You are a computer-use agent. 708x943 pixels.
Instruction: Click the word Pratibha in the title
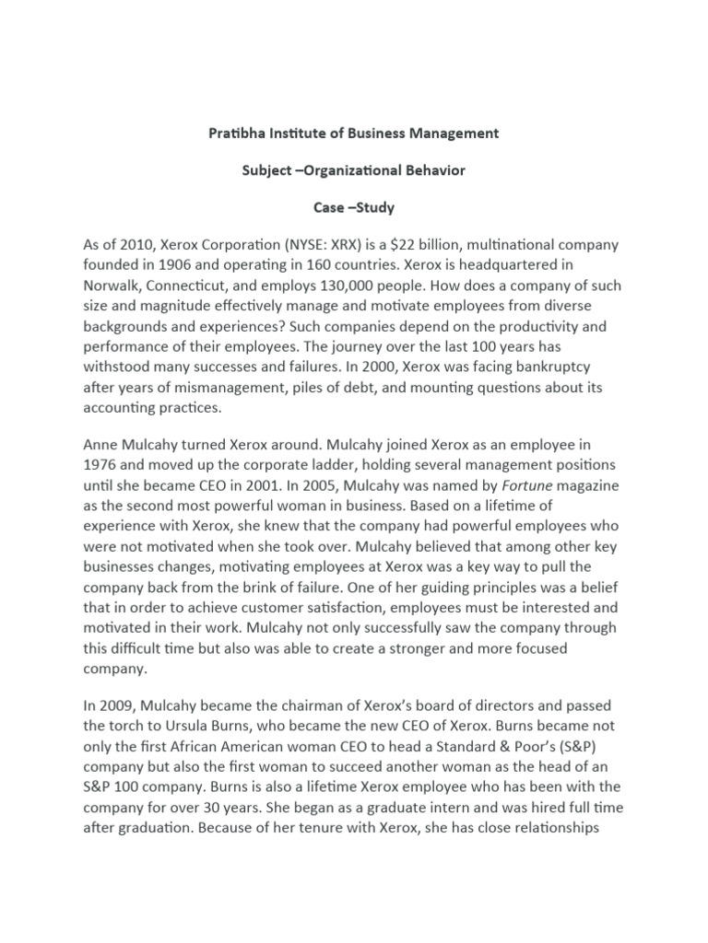pyautogui.click(x=235, y=133)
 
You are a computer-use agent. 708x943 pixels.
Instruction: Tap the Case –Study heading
pyautogui.click(x=353, y=207)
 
